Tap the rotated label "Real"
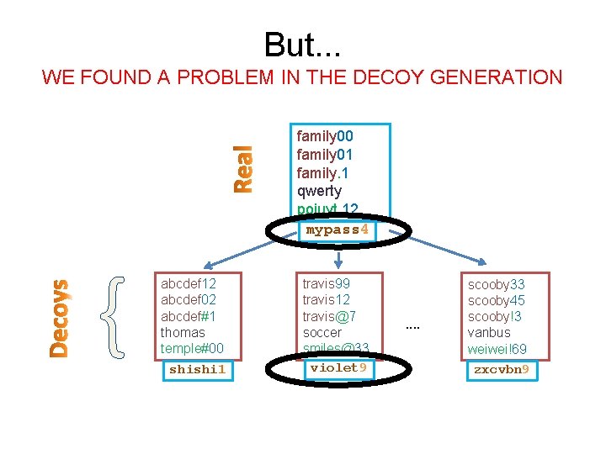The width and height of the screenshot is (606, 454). pyautogui.click(x=242, y=169)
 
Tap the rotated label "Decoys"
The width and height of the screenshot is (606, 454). pyautogui.click(x=58, y=319)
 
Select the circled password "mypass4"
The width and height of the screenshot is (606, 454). pyautogui.click(x=337, y=230)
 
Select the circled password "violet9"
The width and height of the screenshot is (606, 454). pyautogui.click(x=337, y=367)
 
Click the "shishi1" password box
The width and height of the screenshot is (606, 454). pyautogui.click(x=197, y=369)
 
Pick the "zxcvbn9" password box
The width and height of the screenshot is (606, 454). pyautogui.click(x=501, y=369)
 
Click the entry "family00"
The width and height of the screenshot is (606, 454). pyautogui.click(x=325, y=136)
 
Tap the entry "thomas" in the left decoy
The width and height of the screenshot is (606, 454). pyautogui.click(x=183, y=332)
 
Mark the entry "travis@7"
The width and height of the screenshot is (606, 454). pyautogui.click(x=329, y=316)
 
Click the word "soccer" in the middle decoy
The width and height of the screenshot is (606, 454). pyautogui.click(x=322, y=332)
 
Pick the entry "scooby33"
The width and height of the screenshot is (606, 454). pyautogui.click(x=496, y=284)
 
